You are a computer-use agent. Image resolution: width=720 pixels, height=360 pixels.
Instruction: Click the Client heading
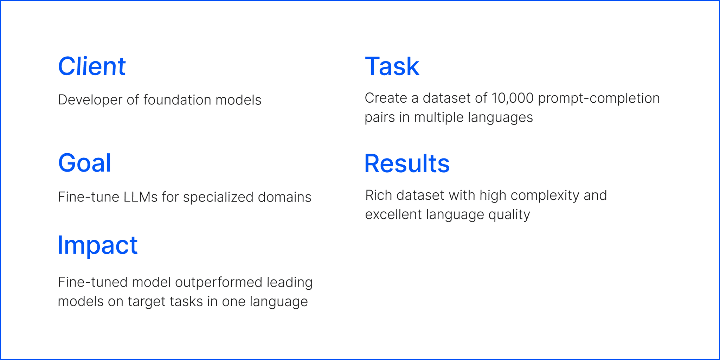(x=92, y=66)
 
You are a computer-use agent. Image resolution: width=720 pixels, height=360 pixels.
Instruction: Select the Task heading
(x=392, y=66)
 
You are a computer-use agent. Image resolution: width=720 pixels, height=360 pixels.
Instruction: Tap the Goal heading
(x=84, y=163)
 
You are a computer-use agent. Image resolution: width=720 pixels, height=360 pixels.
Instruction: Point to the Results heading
(x=407, y=164)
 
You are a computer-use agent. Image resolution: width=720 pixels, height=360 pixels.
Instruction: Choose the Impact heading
(x=97, y=245)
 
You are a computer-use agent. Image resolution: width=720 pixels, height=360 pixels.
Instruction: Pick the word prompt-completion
(x=599, y=98)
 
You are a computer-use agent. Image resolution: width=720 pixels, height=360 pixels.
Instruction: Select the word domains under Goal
(x=284, y=197)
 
